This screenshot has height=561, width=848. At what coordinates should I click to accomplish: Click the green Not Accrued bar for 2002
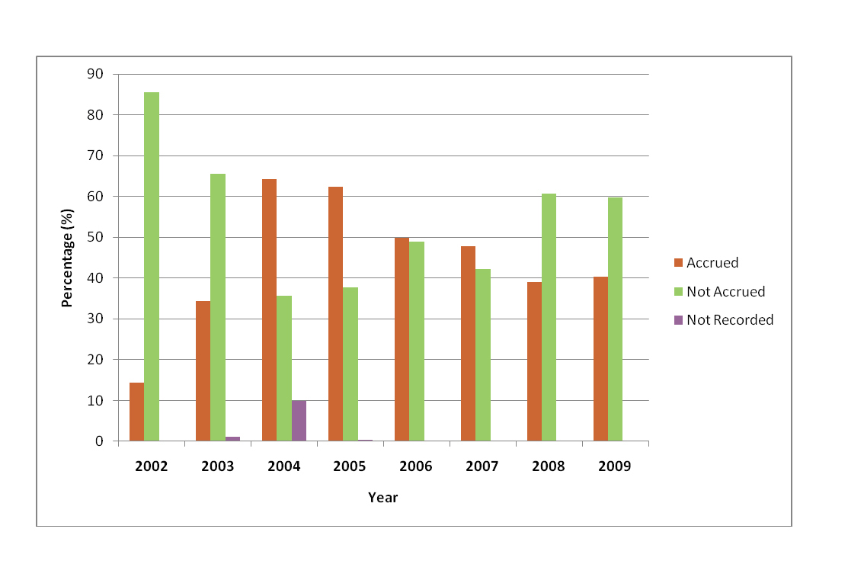152,267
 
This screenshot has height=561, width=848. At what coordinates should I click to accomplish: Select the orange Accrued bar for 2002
136,412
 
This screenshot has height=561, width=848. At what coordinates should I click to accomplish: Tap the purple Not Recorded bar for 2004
299,421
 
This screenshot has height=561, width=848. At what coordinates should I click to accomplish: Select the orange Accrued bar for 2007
468,344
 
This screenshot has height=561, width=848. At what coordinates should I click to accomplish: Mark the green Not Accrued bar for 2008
549,317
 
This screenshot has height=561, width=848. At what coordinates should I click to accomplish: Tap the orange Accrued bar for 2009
600,359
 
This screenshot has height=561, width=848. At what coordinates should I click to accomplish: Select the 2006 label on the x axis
416,466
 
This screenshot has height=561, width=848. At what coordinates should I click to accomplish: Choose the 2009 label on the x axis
614,466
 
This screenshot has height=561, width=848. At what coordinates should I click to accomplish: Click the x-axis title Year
382,498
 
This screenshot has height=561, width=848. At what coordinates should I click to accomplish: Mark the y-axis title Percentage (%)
68,258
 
